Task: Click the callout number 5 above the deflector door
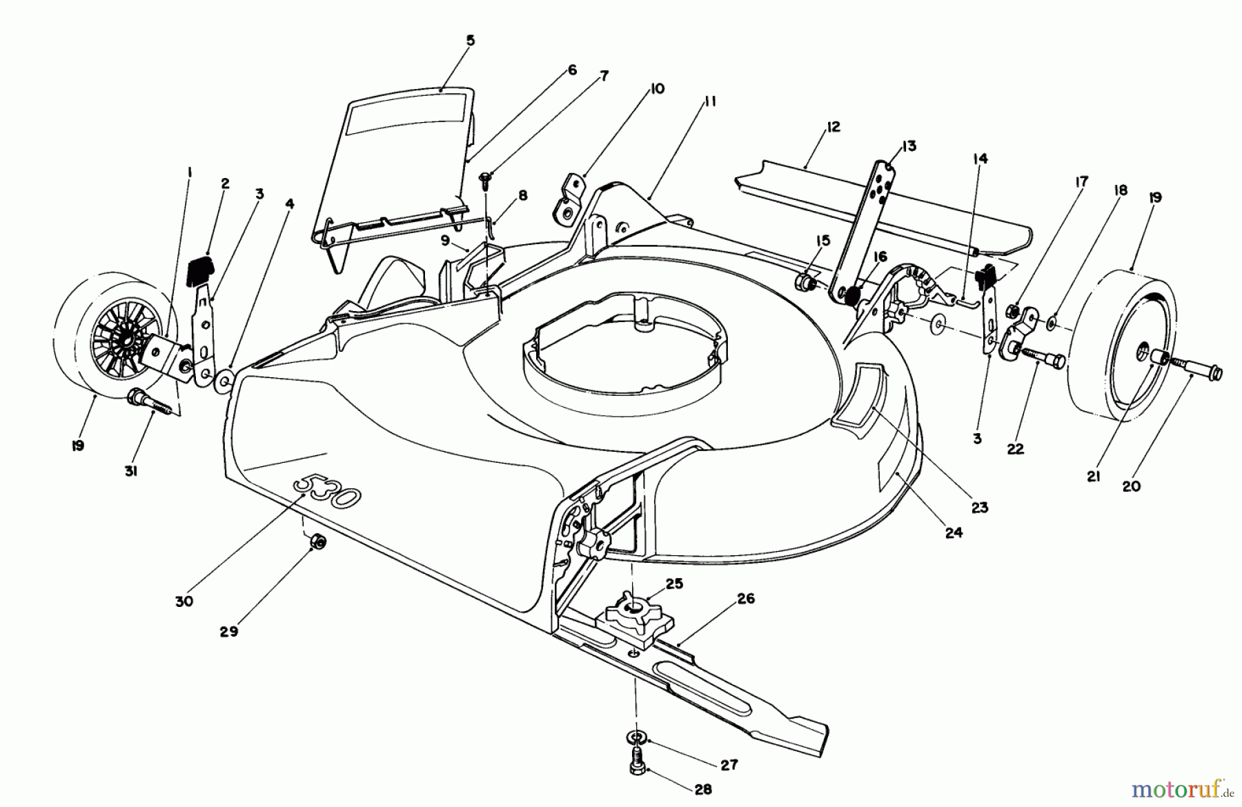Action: pyautogui.click(x=470, y=41)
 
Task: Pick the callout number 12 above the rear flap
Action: pyautogui.click(x=833, y=128)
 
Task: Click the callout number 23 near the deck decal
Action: pyautogui.click(x=980, y=508)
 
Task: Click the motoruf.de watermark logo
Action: pyautogui.click(x=1180, y=788)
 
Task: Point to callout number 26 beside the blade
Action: pyautogui.click(x=746, y=599)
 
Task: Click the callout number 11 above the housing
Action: pyautogui.click(x=711, y=102)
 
